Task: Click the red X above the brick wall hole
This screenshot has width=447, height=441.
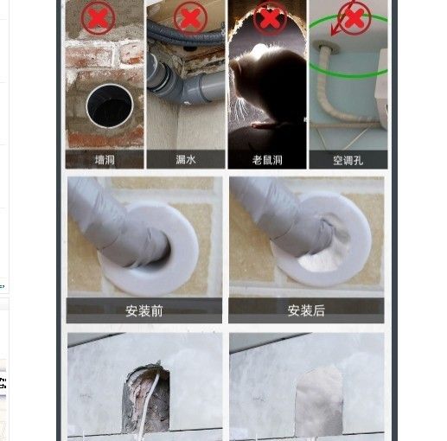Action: [99, 17]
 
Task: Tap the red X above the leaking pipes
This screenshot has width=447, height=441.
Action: [190, 17]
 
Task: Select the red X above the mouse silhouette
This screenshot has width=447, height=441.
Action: [270, 18]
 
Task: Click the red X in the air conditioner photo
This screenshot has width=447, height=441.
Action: [354, 18]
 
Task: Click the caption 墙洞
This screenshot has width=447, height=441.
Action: [105, 160]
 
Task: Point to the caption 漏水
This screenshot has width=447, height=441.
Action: [186, 159]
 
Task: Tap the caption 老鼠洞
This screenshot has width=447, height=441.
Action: [267, 160]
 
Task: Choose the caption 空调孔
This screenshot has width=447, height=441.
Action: [348, 160]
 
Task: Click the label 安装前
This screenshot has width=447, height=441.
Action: [144, 311]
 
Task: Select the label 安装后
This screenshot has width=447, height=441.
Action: [306, 310]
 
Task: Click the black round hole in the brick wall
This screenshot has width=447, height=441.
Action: [110, 106]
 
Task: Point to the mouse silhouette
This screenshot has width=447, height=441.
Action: [266, 86]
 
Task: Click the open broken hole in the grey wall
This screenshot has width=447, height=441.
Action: [146, 399]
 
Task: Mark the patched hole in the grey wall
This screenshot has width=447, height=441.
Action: [319, 400]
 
